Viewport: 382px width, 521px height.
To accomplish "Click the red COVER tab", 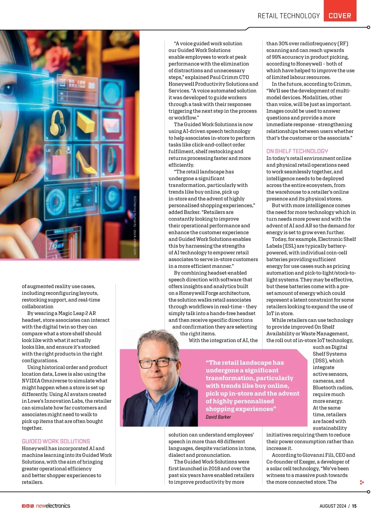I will tap(340, 16).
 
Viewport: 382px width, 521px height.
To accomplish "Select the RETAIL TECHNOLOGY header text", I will tap(288, 16).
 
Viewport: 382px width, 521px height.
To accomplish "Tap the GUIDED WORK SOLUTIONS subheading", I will tap(56, 441).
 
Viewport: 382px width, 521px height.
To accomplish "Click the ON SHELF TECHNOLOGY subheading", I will tap(297, 151).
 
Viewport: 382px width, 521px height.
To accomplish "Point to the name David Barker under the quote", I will tap(218, 417).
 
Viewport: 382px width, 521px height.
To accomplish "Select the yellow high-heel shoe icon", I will tap(85, 163).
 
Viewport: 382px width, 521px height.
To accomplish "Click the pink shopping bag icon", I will tap(59, 165).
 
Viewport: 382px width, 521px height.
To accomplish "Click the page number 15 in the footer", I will tap(354, 506).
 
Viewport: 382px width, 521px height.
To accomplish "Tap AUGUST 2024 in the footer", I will tap(333, 506).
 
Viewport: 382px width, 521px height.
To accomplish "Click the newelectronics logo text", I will tap(53, 506).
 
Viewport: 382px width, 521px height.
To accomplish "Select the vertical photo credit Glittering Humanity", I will tap(135, 225).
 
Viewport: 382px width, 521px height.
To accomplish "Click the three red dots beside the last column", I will tap(362, 482).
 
